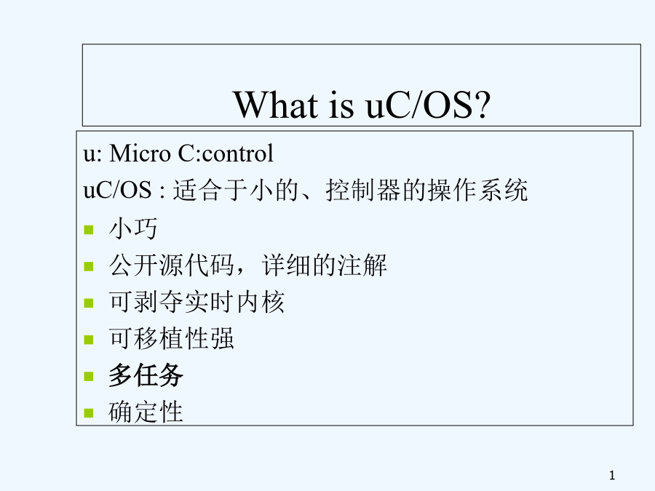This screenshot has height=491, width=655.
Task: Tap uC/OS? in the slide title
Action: pyautogui.click(x=428, y=105)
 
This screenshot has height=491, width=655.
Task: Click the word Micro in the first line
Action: pyautogui.click(x=140, y=153)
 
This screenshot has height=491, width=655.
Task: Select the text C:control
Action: pyautogui.click(x=226, y=153)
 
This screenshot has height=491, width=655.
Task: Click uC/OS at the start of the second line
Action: pyautogui.click(x=117, y=190)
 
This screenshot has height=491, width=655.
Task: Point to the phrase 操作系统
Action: pyautogui.click(x=478, y=190)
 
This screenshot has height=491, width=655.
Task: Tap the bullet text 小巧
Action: pyautogui.click(x=133, y=228)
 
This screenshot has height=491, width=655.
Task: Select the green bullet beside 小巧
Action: pyautogui.click(x=89, y=230)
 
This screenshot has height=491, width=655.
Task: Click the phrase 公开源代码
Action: pyautogui.click(x=171, y=265)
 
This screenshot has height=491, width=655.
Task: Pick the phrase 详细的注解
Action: pyautogui.click(x=325, y=265)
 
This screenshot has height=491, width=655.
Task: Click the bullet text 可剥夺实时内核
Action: pyautogui.click(x=196, y=302)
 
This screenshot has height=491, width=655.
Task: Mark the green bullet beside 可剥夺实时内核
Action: pyautogui.click(x=89, y=303)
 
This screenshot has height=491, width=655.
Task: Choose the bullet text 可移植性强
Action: pyautogui.click(x=171, y=338)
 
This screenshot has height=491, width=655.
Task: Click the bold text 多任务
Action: pyautogui.click(x=146, y=375)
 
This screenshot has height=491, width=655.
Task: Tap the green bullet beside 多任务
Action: pyautogui.click(x=89, y=377)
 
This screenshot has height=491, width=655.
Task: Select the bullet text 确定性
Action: pyautogui.click(x=146, y=412)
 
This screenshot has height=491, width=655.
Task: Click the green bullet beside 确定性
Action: pyautogui.click(x=89, y=413)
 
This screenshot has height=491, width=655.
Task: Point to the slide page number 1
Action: pyautogui.click(x=612, y=475)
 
